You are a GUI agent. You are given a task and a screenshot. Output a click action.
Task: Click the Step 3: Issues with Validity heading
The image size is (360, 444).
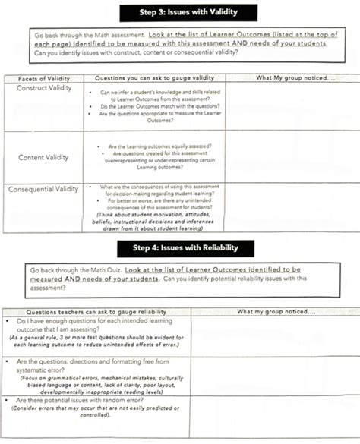pyautogui.click(x=179, y=13)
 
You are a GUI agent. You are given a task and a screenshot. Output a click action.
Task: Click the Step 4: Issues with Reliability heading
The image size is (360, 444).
pyautogui.click(x=179, y=248)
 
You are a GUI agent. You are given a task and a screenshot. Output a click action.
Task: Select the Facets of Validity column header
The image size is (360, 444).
pyautogui.click(x=45, y=78)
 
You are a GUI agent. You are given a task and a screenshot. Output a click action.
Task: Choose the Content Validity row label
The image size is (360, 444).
pyautogui.click(x=44, y=157)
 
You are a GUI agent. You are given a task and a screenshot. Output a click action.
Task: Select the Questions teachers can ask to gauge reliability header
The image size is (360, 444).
pyautogui.click(x=95, y=311)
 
